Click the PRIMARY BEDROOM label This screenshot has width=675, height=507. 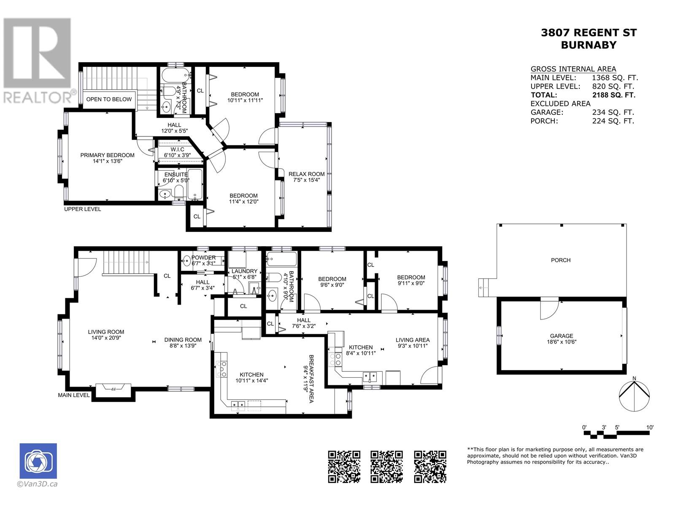pyautogui.click(x=107, y=155)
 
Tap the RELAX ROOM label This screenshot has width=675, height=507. pyautogui.click(x=306, y=174)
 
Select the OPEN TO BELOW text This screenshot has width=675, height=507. pyautogui.click(x=109, y=99)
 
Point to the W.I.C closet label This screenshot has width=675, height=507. pyautogui.click(x=178, y=150)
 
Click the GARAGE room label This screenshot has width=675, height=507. pyautogui.click(x=562, y=336)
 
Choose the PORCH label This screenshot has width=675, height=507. pyautogui.click(x=561, y=260)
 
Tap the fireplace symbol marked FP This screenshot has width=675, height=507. pyautogui.click(x=113, y=388)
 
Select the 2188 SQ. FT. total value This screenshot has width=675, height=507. pyautogui.click(x=614, y=95)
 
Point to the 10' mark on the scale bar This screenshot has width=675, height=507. pyautogui.click(x=650, y=427)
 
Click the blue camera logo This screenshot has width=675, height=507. pyautogui.click(x=38, y=461)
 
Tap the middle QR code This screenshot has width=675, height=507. pyautogui.click(x=386, y=467)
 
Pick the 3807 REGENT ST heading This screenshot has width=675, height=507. pyautogui.click(x=589, y=33)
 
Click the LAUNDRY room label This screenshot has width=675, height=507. pyautogui.click(x=244, y=271)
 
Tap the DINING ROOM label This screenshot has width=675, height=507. pyautogui.click(x=183, y=340)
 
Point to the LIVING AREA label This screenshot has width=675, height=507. pyautogui.click(x=412, y=340)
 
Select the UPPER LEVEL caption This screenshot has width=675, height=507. pyautogui.click(x=82, y=209)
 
